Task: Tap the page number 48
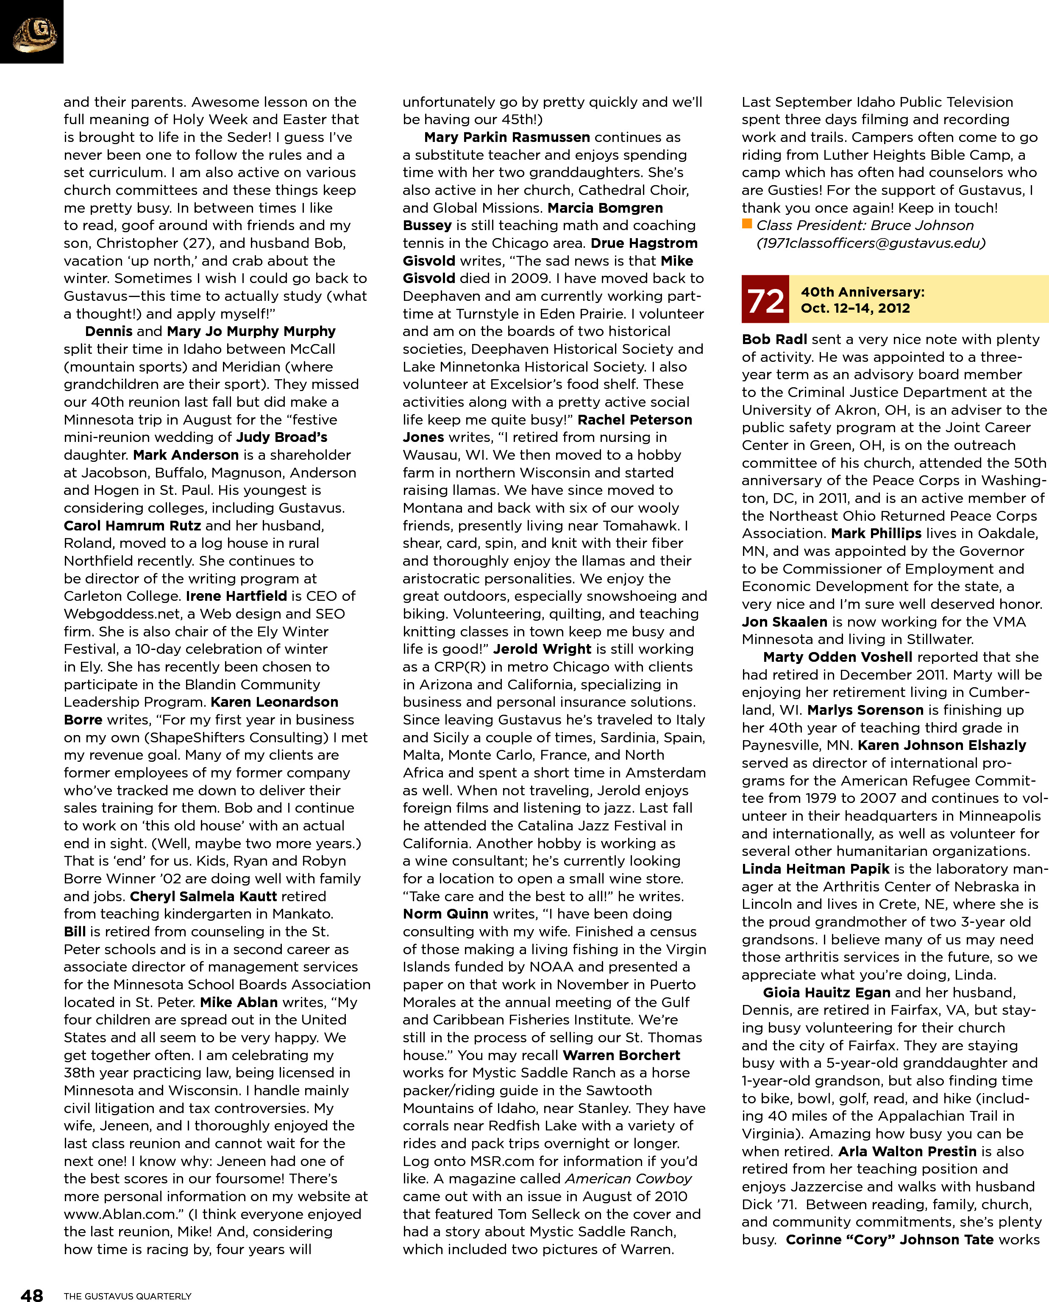(31, 1294)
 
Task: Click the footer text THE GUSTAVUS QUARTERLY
(128, 1296)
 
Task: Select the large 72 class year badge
(765, 300)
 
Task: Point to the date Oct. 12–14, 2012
(855, 308)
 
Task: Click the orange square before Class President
(747, 225)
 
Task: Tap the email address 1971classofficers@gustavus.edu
(871, 243)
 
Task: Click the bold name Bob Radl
(774, 339)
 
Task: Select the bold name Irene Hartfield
(236, 596)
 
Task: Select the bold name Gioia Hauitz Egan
(826, 993)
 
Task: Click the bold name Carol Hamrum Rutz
(115, 525)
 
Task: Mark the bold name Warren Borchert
(621, 1055)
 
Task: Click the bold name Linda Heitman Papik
(815, 869)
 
